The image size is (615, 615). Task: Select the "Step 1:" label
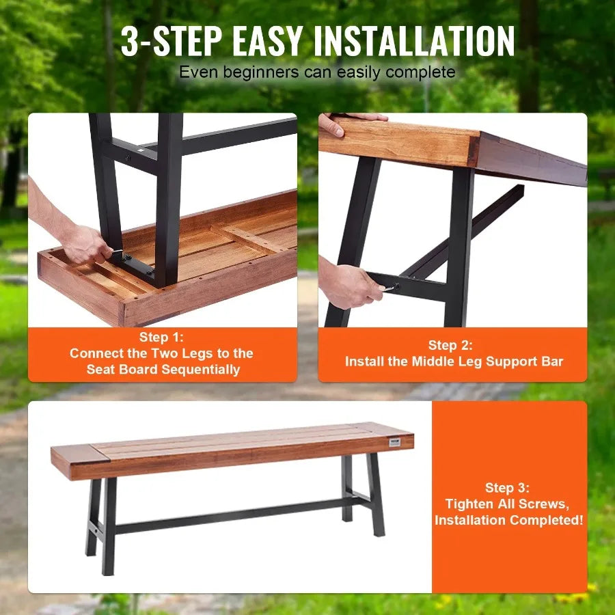(x=162, y=337)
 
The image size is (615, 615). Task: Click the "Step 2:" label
(x=450, y=345)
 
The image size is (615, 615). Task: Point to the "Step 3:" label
(x=508, y=487)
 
